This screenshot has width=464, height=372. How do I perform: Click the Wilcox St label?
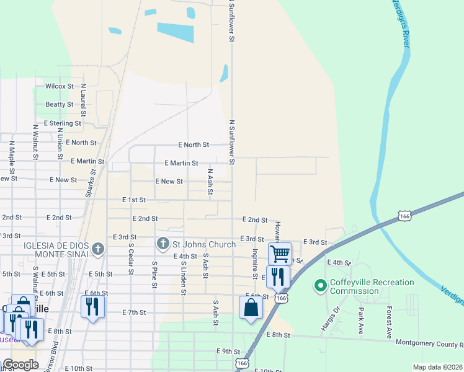[60, 86]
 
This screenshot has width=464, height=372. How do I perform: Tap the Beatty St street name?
[60, 105]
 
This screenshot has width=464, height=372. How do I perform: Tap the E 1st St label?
[133, 200]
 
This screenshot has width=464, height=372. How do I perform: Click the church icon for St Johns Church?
[163, 244]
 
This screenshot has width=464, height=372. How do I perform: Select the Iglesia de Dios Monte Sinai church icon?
[97, 250]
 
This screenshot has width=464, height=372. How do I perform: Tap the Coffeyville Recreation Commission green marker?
[320, 286]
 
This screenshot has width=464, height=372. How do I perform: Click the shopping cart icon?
[280, 253]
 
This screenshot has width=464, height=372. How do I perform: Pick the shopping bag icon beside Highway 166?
[251, 307]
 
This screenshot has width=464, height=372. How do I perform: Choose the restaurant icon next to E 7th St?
[92, 306]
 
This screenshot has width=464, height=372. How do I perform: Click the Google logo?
[20, 365]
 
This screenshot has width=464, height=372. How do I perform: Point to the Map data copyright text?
[437, 367]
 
